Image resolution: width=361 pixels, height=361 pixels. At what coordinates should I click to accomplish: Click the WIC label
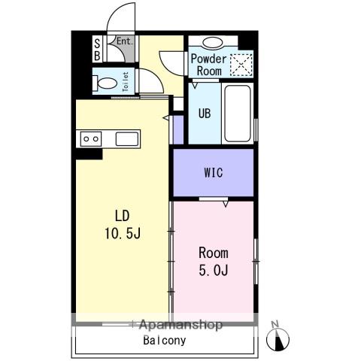tap(214, 173)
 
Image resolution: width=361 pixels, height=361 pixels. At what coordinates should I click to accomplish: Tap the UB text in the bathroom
tap(205, 114)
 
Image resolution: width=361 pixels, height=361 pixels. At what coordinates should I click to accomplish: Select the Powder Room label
tap(208, 65)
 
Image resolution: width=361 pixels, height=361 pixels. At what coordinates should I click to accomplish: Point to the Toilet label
tap(126, 82)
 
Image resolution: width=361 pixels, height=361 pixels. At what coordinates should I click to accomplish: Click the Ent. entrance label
tap(125, 41)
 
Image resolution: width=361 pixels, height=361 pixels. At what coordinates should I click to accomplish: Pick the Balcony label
tap(165, 341)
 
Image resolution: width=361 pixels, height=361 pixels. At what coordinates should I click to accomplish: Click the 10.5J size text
tap(123, 234)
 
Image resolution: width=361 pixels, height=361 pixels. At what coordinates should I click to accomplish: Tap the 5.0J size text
tap(214, 270)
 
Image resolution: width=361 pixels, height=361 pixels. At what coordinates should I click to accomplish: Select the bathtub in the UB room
tap(238, 114)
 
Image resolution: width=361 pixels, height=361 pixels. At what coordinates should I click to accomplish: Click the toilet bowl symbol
tap(105, 83)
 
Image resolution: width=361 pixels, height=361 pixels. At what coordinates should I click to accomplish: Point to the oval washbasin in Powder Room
tap(212, 43)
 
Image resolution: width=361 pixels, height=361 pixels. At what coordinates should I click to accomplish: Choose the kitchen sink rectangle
tap(127, 139)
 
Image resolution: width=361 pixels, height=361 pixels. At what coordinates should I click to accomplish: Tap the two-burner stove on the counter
tap(91, 139)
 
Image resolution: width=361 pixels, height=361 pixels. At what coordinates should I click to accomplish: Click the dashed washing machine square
tap(241, 65)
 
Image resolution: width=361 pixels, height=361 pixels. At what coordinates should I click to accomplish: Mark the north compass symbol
tap(278, 340)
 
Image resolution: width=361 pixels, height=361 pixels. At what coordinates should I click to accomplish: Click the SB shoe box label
tap(97, 50)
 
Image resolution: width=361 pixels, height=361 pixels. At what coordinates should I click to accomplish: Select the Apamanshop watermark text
tap(180, 325)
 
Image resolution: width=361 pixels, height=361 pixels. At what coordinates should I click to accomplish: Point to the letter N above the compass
tap(275, 324)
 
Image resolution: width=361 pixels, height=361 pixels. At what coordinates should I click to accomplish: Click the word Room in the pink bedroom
tap(214, 253)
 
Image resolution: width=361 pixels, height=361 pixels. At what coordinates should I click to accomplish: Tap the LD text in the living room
tap(123, 216)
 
